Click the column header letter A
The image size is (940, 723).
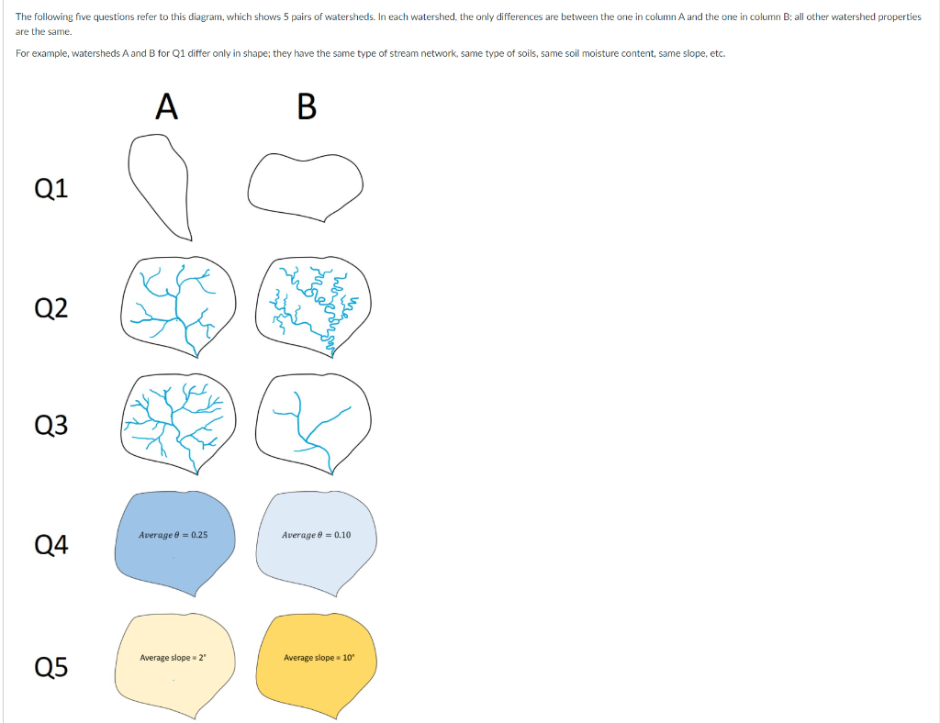[167, 106]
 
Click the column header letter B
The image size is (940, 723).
[307, 106]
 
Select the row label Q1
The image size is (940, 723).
[51, 188]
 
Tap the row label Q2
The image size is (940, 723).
[51, 308]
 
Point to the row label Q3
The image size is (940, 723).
[51, 425]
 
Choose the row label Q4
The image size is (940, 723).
[51, 544]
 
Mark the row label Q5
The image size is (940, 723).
[51, 667]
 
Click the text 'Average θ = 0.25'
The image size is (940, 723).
[173, 535]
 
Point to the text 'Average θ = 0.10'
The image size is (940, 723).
[316, 535]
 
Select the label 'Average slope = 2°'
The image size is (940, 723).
[173, 658]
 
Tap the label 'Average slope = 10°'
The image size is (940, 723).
[319, 658]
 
